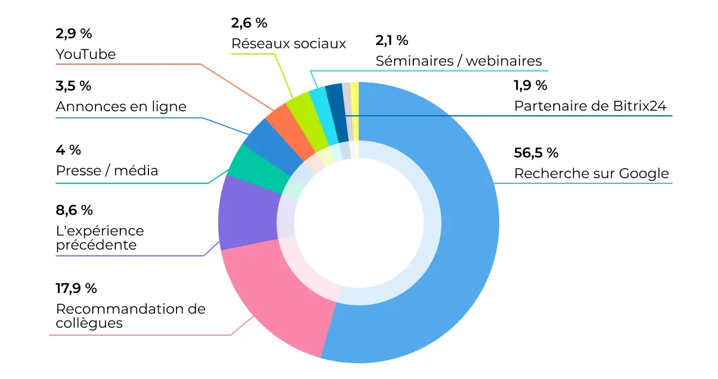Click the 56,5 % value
[536, 153]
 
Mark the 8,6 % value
[74, 210]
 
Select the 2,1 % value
[391, 40]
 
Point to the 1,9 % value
[530, 85]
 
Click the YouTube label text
[85, 55]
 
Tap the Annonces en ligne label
[121, 107]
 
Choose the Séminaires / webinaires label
[459, 61]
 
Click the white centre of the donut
[358, 223]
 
